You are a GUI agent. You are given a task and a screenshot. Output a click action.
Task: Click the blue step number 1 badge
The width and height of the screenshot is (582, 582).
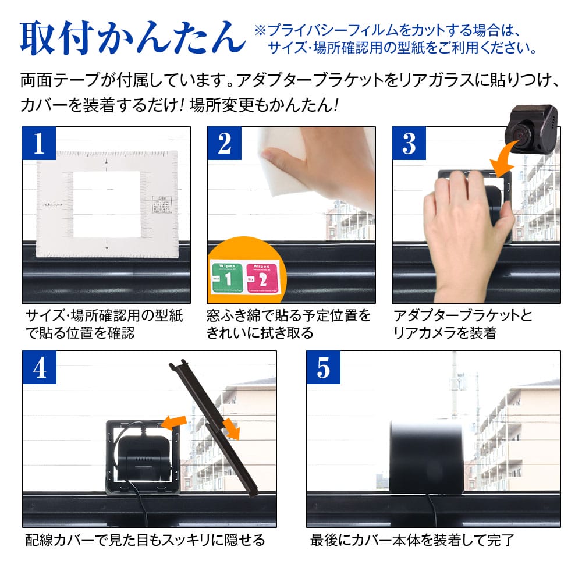(39, 144)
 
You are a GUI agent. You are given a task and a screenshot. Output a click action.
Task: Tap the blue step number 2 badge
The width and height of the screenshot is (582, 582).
(225, 144)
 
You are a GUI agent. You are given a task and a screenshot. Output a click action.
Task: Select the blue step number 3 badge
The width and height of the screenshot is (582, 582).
(409, 144)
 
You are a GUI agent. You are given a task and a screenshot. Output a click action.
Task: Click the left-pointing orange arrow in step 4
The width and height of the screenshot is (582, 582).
(174, 420)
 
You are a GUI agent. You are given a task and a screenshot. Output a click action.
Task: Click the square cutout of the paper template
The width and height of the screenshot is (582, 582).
(107, 204)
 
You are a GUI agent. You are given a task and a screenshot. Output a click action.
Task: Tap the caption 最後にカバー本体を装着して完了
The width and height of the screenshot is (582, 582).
(412, 540)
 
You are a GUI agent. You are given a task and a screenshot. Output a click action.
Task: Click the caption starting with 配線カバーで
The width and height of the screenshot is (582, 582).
(145, 540)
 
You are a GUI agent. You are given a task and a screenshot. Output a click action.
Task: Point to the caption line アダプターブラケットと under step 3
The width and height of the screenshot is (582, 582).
(463, 316)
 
